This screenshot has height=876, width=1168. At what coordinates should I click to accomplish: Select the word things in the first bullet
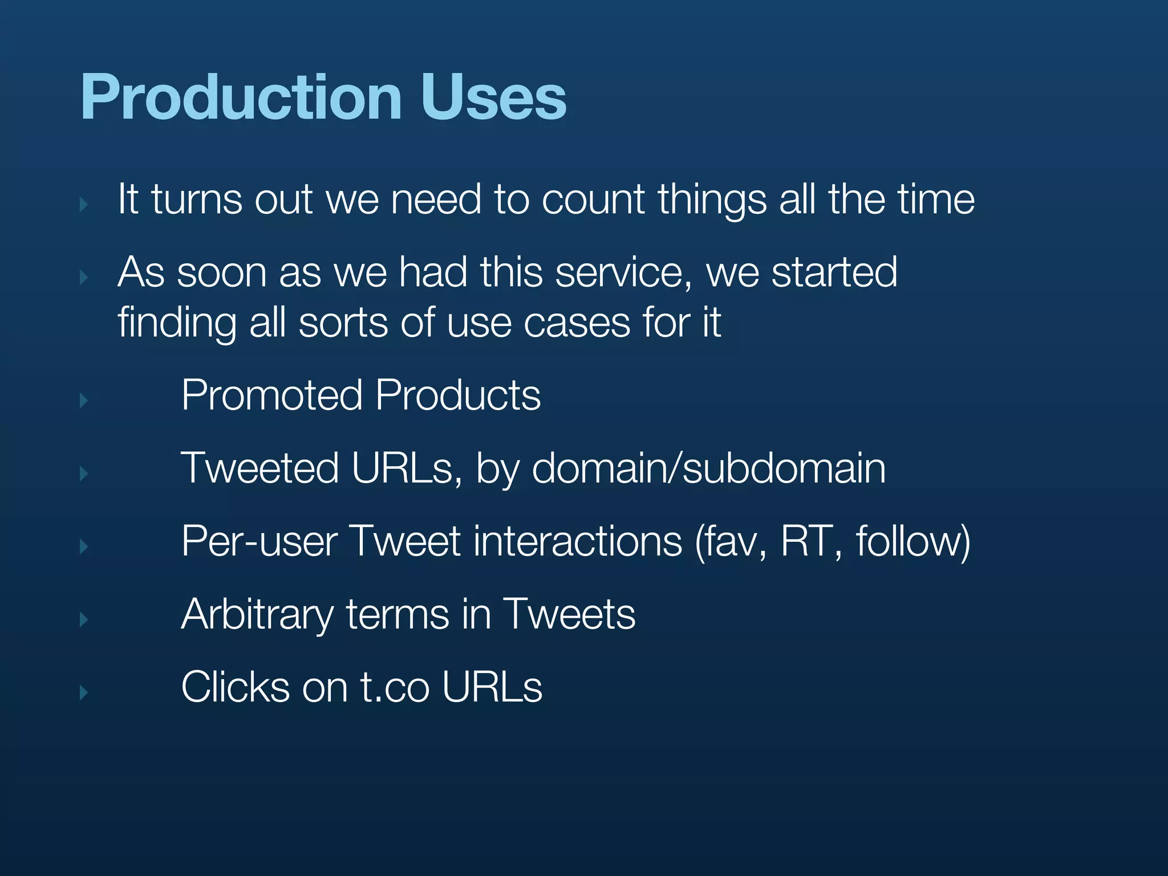click(712, 201)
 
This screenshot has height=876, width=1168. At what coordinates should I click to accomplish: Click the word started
click(834, 273)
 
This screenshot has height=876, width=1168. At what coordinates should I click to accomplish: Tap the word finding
click(177, 323)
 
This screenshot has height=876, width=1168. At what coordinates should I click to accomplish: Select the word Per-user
click(259, 542)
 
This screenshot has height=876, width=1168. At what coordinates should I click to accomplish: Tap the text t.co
click(395, 688)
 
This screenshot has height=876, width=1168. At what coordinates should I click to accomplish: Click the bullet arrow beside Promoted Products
click(84, 400)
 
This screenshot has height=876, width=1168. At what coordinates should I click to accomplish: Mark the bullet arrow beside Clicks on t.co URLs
click(84, 693)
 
